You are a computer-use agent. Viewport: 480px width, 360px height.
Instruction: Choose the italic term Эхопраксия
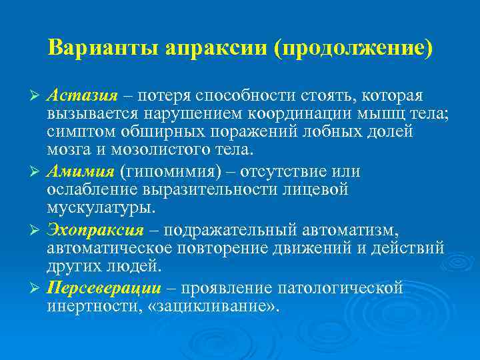click(95, 231)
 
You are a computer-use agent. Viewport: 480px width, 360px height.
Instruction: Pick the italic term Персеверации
click(104, 288)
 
